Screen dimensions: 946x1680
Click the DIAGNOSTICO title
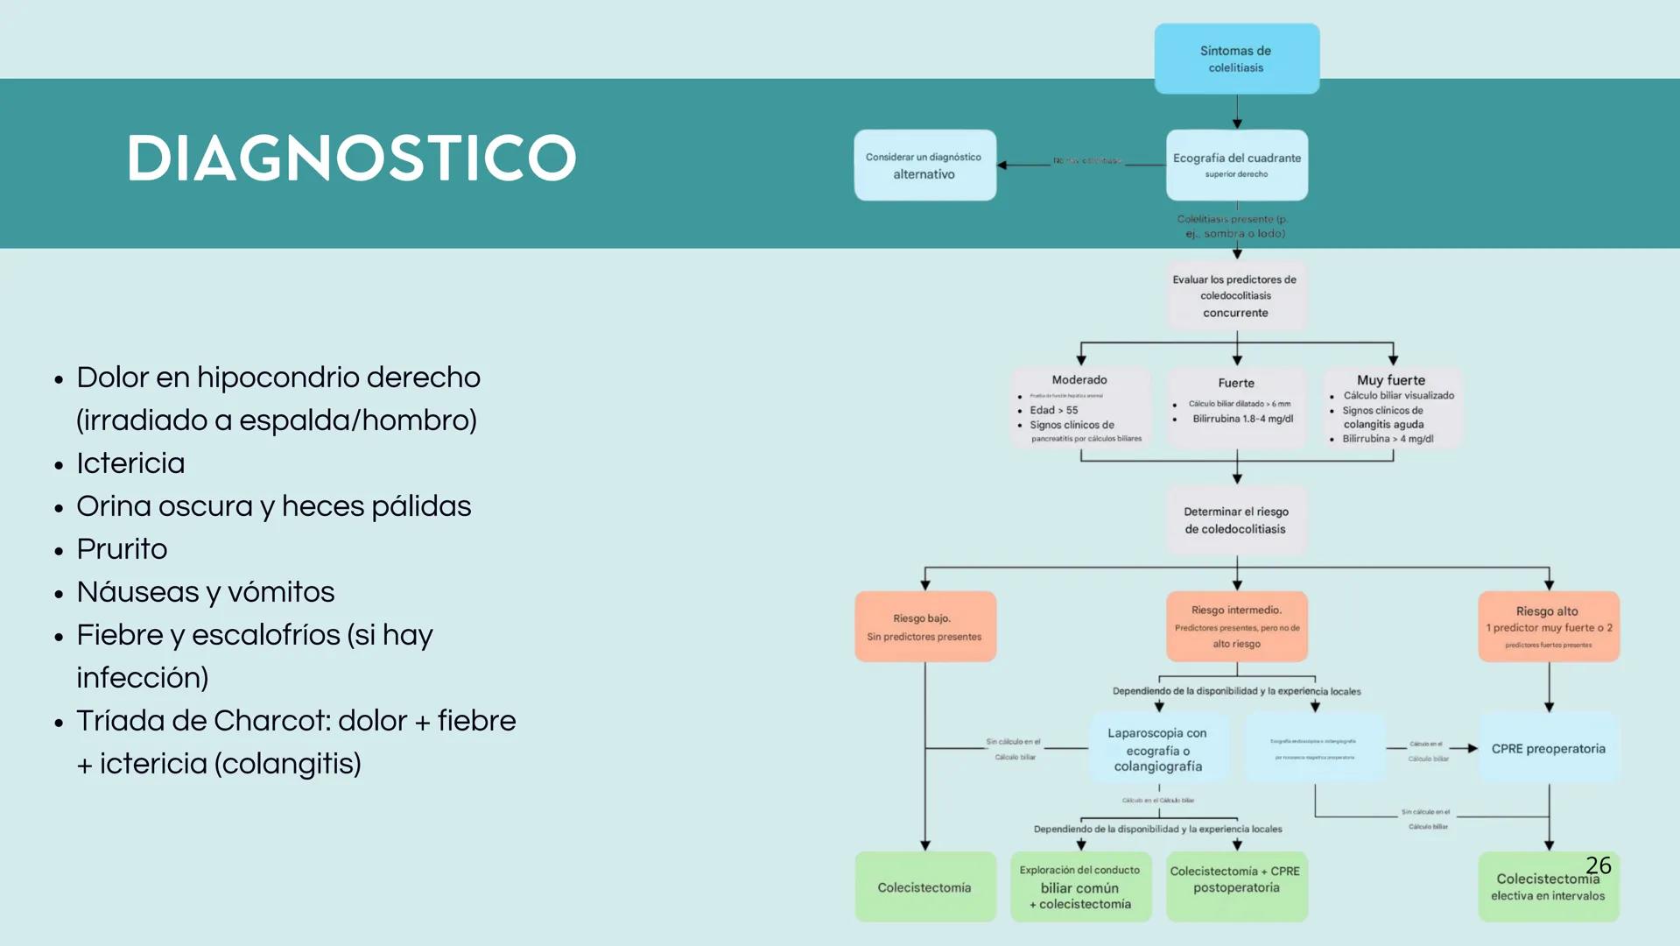(351, 159)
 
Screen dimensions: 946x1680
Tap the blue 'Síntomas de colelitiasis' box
(1236, 59)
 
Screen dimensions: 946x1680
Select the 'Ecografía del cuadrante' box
(1236, 165)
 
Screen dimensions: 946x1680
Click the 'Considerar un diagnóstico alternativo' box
(924, 165)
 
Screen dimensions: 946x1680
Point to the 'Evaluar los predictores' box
(1235, 295)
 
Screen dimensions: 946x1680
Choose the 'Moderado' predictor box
(1080, 407)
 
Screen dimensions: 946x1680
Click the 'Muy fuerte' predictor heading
(1390, 380)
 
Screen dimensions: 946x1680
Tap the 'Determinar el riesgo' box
(1235, 519)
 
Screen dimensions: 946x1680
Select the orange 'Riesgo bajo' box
(924, 626)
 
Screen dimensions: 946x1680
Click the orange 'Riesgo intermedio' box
(1236, 626)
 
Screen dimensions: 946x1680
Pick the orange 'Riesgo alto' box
(1548, 626)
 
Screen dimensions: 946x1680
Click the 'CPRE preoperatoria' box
(1548, 748)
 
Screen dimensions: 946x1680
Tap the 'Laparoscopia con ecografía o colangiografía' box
(1157, 749)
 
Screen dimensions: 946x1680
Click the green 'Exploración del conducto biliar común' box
(1080, 886)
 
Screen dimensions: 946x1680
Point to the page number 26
(1598, 865)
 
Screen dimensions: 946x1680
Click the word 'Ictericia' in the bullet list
(130, 463)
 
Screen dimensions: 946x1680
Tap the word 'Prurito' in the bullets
(122, 549)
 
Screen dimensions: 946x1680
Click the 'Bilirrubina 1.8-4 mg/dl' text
(1242, 419)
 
